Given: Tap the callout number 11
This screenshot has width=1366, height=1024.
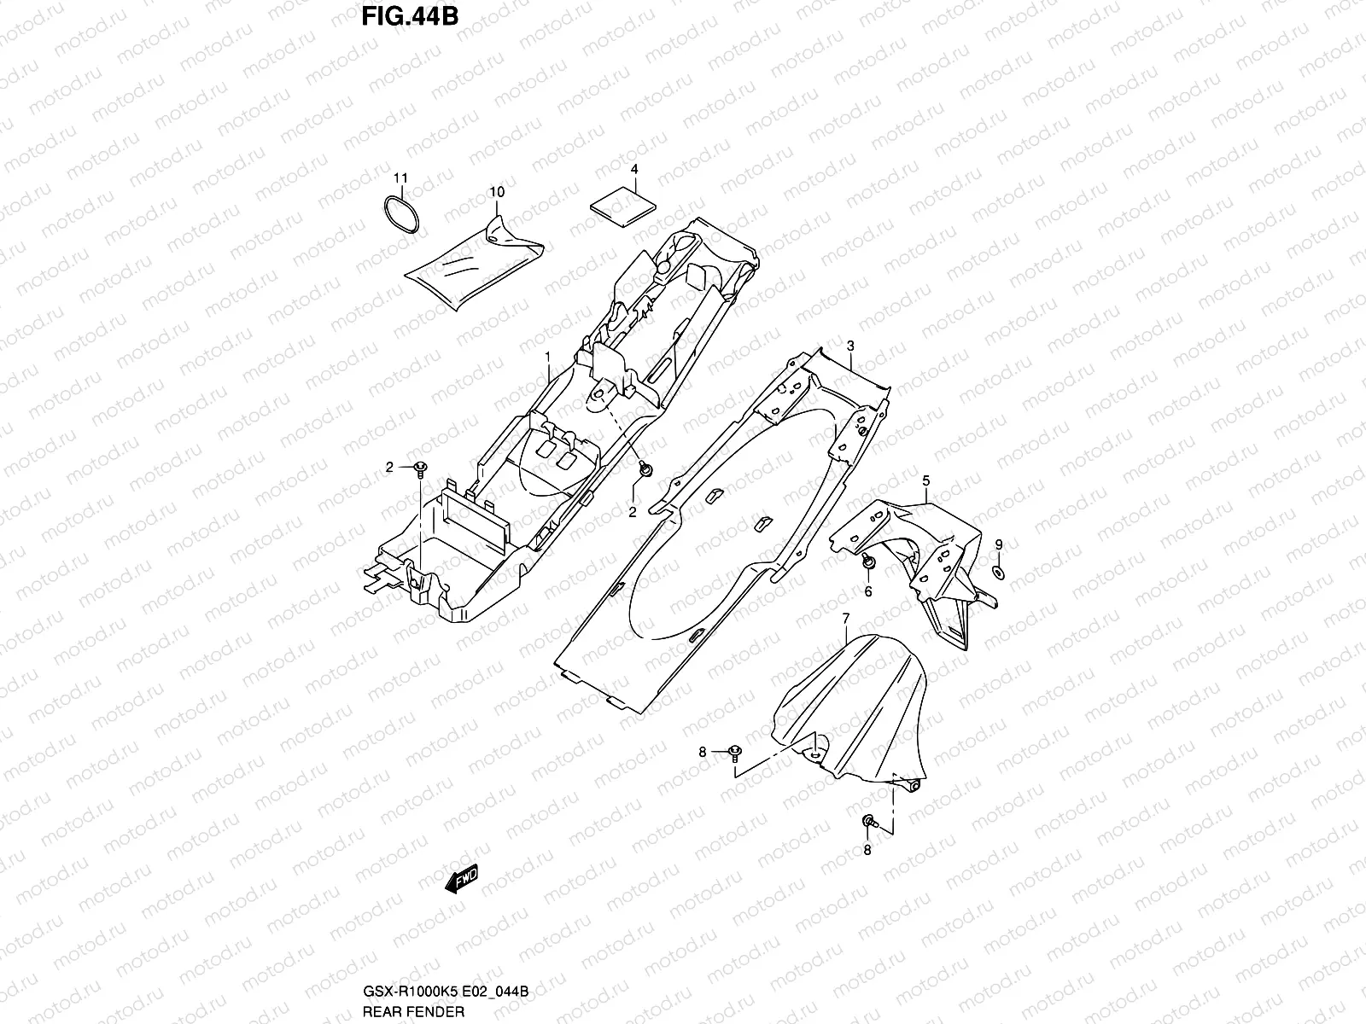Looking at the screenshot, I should (x=400, y=178).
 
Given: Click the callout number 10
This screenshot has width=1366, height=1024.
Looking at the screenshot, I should (x=497, y=192).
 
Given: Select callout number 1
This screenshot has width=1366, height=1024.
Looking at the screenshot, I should (x=549, y=354).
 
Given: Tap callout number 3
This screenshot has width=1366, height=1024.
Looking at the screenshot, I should (x=850, y=345).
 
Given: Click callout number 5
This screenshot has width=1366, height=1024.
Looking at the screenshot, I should (x=926, y=481).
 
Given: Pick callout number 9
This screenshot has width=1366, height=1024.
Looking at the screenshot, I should (x=999, y=544).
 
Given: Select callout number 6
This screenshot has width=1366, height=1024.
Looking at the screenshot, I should (x=868, y=591).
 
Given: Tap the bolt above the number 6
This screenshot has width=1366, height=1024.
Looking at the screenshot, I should (x=867, y=562).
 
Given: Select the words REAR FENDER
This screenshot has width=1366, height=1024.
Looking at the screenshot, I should (x=412, y=1011).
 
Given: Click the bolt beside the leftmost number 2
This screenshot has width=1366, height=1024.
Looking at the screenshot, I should (x=420, y=467).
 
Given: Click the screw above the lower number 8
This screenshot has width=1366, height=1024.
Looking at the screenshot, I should (x=867, y=821).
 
